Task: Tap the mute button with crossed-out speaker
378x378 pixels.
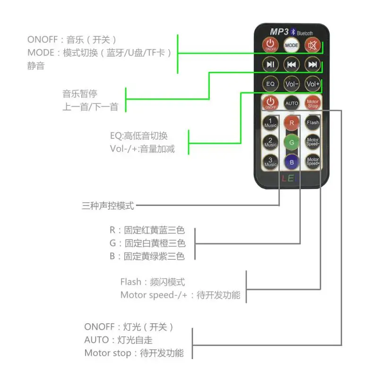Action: click(312, 45)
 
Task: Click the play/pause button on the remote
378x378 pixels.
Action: click(270, 64)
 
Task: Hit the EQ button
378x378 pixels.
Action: click(270, 84)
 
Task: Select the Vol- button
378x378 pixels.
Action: click(292, 84)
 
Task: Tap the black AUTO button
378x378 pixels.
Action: click(292, 103)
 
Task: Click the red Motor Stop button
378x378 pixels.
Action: click(313, 103)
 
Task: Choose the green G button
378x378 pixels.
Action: click(292, 142)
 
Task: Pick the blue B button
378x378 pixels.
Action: click(292, 162)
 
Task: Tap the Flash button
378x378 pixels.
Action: click(313, 122)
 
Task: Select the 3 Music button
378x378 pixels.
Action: click(270, 162)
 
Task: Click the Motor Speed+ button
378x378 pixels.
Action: click(313, 162)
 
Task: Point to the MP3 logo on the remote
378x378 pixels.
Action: click(279, 31)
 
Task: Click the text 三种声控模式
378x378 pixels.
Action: click(108, 206)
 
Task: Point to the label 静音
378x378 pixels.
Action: click(36, 66)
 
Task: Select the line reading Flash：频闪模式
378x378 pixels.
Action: click(153, 282)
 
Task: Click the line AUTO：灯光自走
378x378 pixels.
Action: click(119, 340)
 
